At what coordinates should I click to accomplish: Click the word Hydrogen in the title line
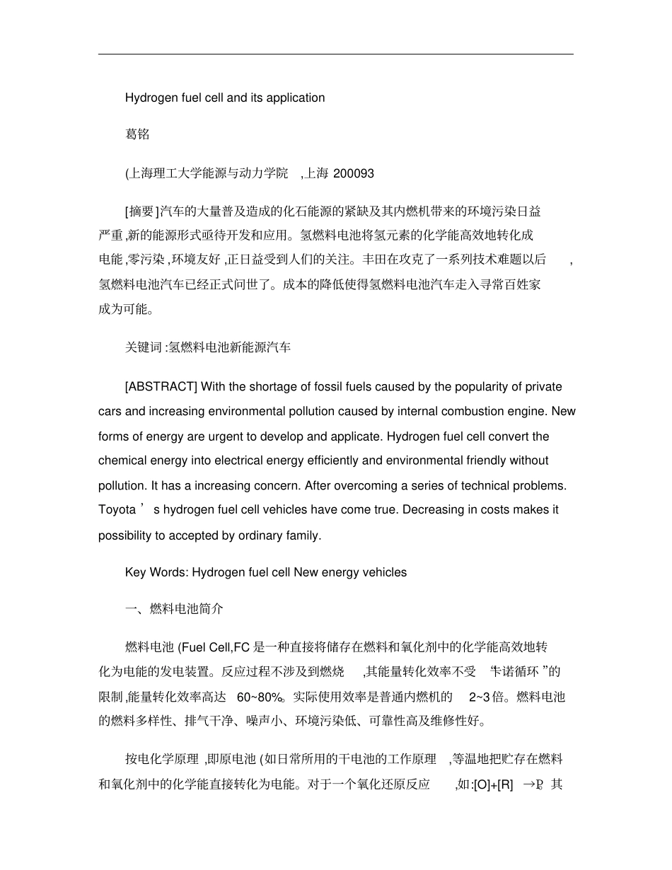[x=149, y=98]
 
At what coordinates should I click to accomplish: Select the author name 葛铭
[x=137, y=135]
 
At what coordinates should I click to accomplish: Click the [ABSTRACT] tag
[x=161, y=387]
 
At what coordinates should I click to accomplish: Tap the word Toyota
[x=117, y=510]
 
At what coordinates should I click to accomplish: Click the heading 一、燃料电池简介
[x=174, y=609]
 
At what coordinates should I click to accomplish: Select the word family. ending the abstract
[x=304, y=535]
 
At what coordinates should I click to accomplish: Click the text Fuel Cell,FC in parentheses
[x=212, y=647]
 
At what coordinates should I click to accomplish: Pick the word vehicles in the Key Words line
[x=385, y=572]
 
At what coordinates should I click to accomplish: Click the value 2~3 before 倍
[x=479, y=697]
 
